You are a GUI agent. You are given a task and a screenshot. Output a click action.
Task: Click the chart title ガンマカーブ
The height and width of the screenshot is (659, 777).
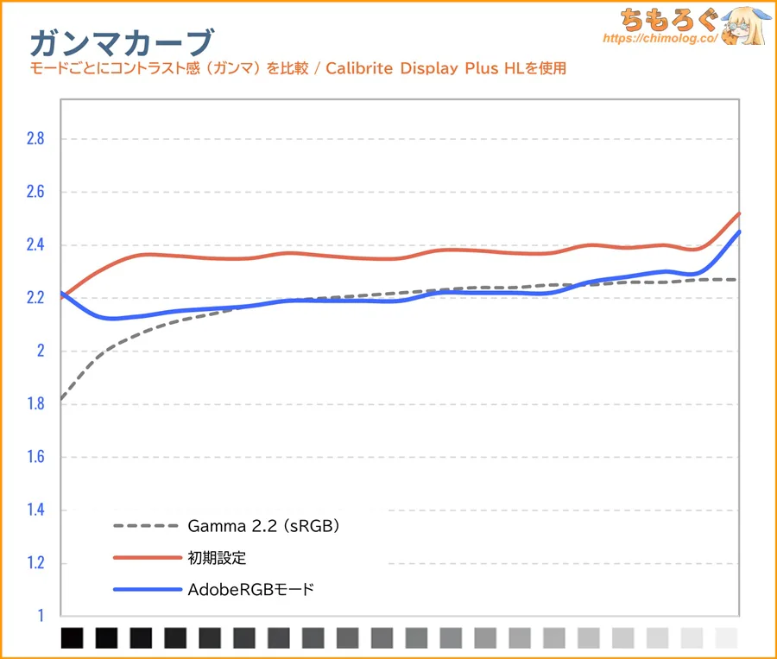[121, 41]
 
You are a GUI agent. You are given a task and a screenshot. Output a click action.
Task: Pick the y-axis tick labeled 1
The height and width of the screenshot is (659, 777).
[40, 616]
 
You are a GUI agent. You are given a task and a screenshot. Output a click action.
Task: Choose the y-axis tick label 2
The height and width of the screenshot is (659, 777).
[40, 352]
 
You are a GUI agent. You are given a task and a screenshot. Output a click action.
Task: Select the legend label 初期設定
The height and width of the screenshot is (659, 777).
[217, 558]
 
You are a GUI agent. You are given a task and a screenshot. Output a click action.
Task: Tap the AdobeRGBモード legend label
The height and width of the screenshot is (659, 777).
[250, 591]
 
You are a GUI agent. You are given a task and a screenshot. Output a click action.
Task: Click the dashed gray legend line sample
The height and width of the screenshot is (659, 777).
[144, 526]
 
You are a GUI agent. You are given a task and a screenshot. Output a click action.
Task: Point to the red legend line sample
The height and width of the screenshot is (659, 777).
[144, 558]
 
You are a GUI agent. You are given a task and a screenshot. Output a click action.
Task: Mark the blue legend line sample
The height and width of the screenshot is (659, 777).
[144, 591]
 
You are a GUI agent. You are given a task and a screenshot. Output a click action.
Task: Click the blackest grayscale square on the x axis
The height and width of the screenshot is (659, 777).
[73, 638]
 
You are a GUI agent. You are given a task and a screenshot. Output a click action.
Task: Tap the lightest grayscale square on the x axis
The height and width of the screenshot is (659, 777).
[727, 638]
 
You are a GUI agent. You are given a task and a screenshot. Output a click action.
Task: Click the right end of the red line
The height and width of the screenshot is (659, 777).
[739, 213]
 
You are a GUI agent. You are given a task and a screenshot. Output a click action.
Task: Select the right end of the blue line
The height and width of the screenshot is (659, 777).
[739, 232]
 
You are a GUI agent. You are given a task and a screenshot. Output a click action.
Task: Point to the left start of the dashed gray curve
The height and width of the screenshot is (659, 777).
[61, 399]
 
